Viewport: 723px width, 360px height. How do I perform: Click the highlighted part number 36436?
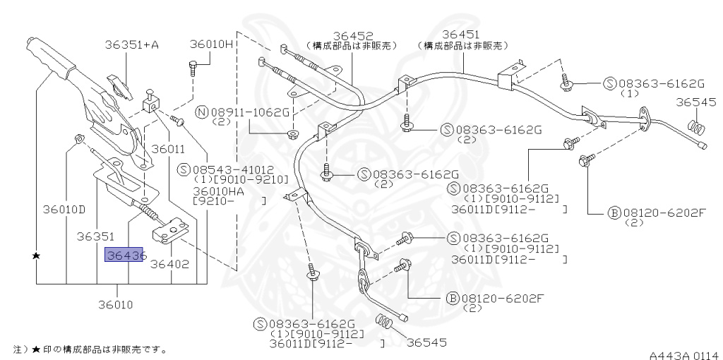tap(125, 255)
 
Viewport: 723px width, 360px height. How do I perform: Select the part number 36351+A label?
tap(131, 44)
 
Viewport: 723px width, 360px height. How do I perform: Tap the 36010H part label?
tap(210, 44)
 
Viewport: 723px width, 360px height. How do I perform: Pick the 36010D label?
tap(64, 209)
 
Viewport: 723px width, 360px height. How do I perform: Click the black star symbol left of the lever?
tap(35, 255)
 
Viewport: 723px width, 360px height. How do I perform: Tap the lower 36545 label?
tap(429, 342)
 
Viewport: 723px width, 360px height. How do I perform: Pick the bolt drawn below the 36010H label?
tap(193, 68)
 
